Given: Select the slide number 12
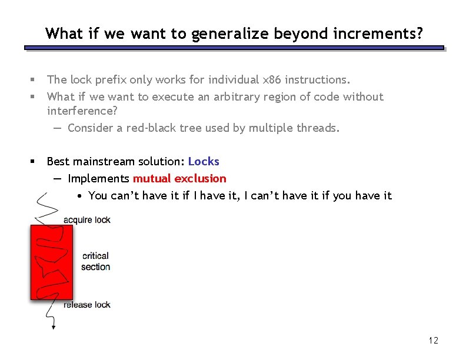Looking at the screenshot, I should click(x=434, y=341).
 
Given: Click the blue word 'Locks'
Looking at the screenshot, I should click(x=204, y=161).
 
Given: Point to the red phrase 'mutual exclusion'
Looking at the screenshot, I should click(x=179, y=178).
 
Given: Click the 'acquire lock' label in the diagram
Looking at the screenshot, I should click(x=87, y=220).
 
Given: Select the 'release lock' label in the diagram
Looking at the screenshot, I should click(x=87, y=305).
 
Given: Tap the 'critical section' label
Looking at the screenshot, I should click(x=95, y=261).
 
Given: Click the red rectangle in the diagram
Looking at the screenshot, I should click(x=52, y=262).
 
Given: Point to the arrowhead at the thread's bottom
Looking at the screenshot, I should click(x=54, y=326).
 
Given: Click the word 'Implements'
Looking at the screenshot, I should click(x=98, y=178).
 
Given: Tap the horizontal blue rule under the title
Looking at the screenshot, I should click(x=234, y=48).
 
